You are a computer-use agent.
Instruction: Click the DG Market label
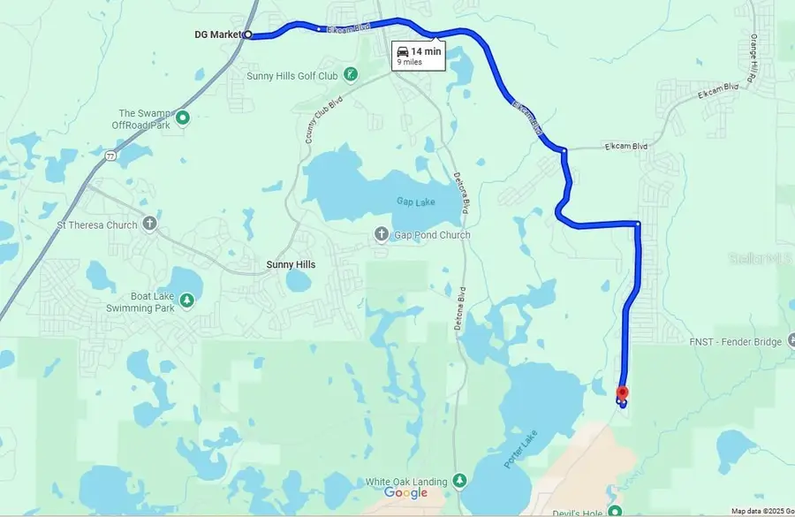point(218,35)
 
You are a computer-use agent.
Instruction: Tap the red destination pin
point(622,394)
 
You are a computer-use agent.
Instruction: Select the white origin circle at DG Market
point(248,35)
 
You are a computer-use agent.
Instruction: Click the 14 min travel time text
point(426,52)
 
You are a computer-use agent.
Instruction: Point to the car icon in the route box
point(403,52)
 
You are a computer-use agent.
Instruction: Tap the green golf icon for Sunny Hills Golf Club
point(351,74)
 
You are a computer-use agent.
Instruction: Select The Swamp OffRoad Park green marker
point(183,118)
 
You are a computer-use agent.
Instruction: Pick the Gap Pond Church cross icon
point(382,234)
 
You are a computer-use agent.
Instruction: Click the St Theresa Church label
point(97,225)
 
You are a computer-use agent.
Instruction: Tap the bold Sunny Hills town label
point(291,264)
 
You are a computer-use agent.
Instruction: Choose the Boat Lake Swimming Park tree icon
point(186,301)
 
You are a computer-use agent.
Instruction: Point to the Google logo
point(405,493)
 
